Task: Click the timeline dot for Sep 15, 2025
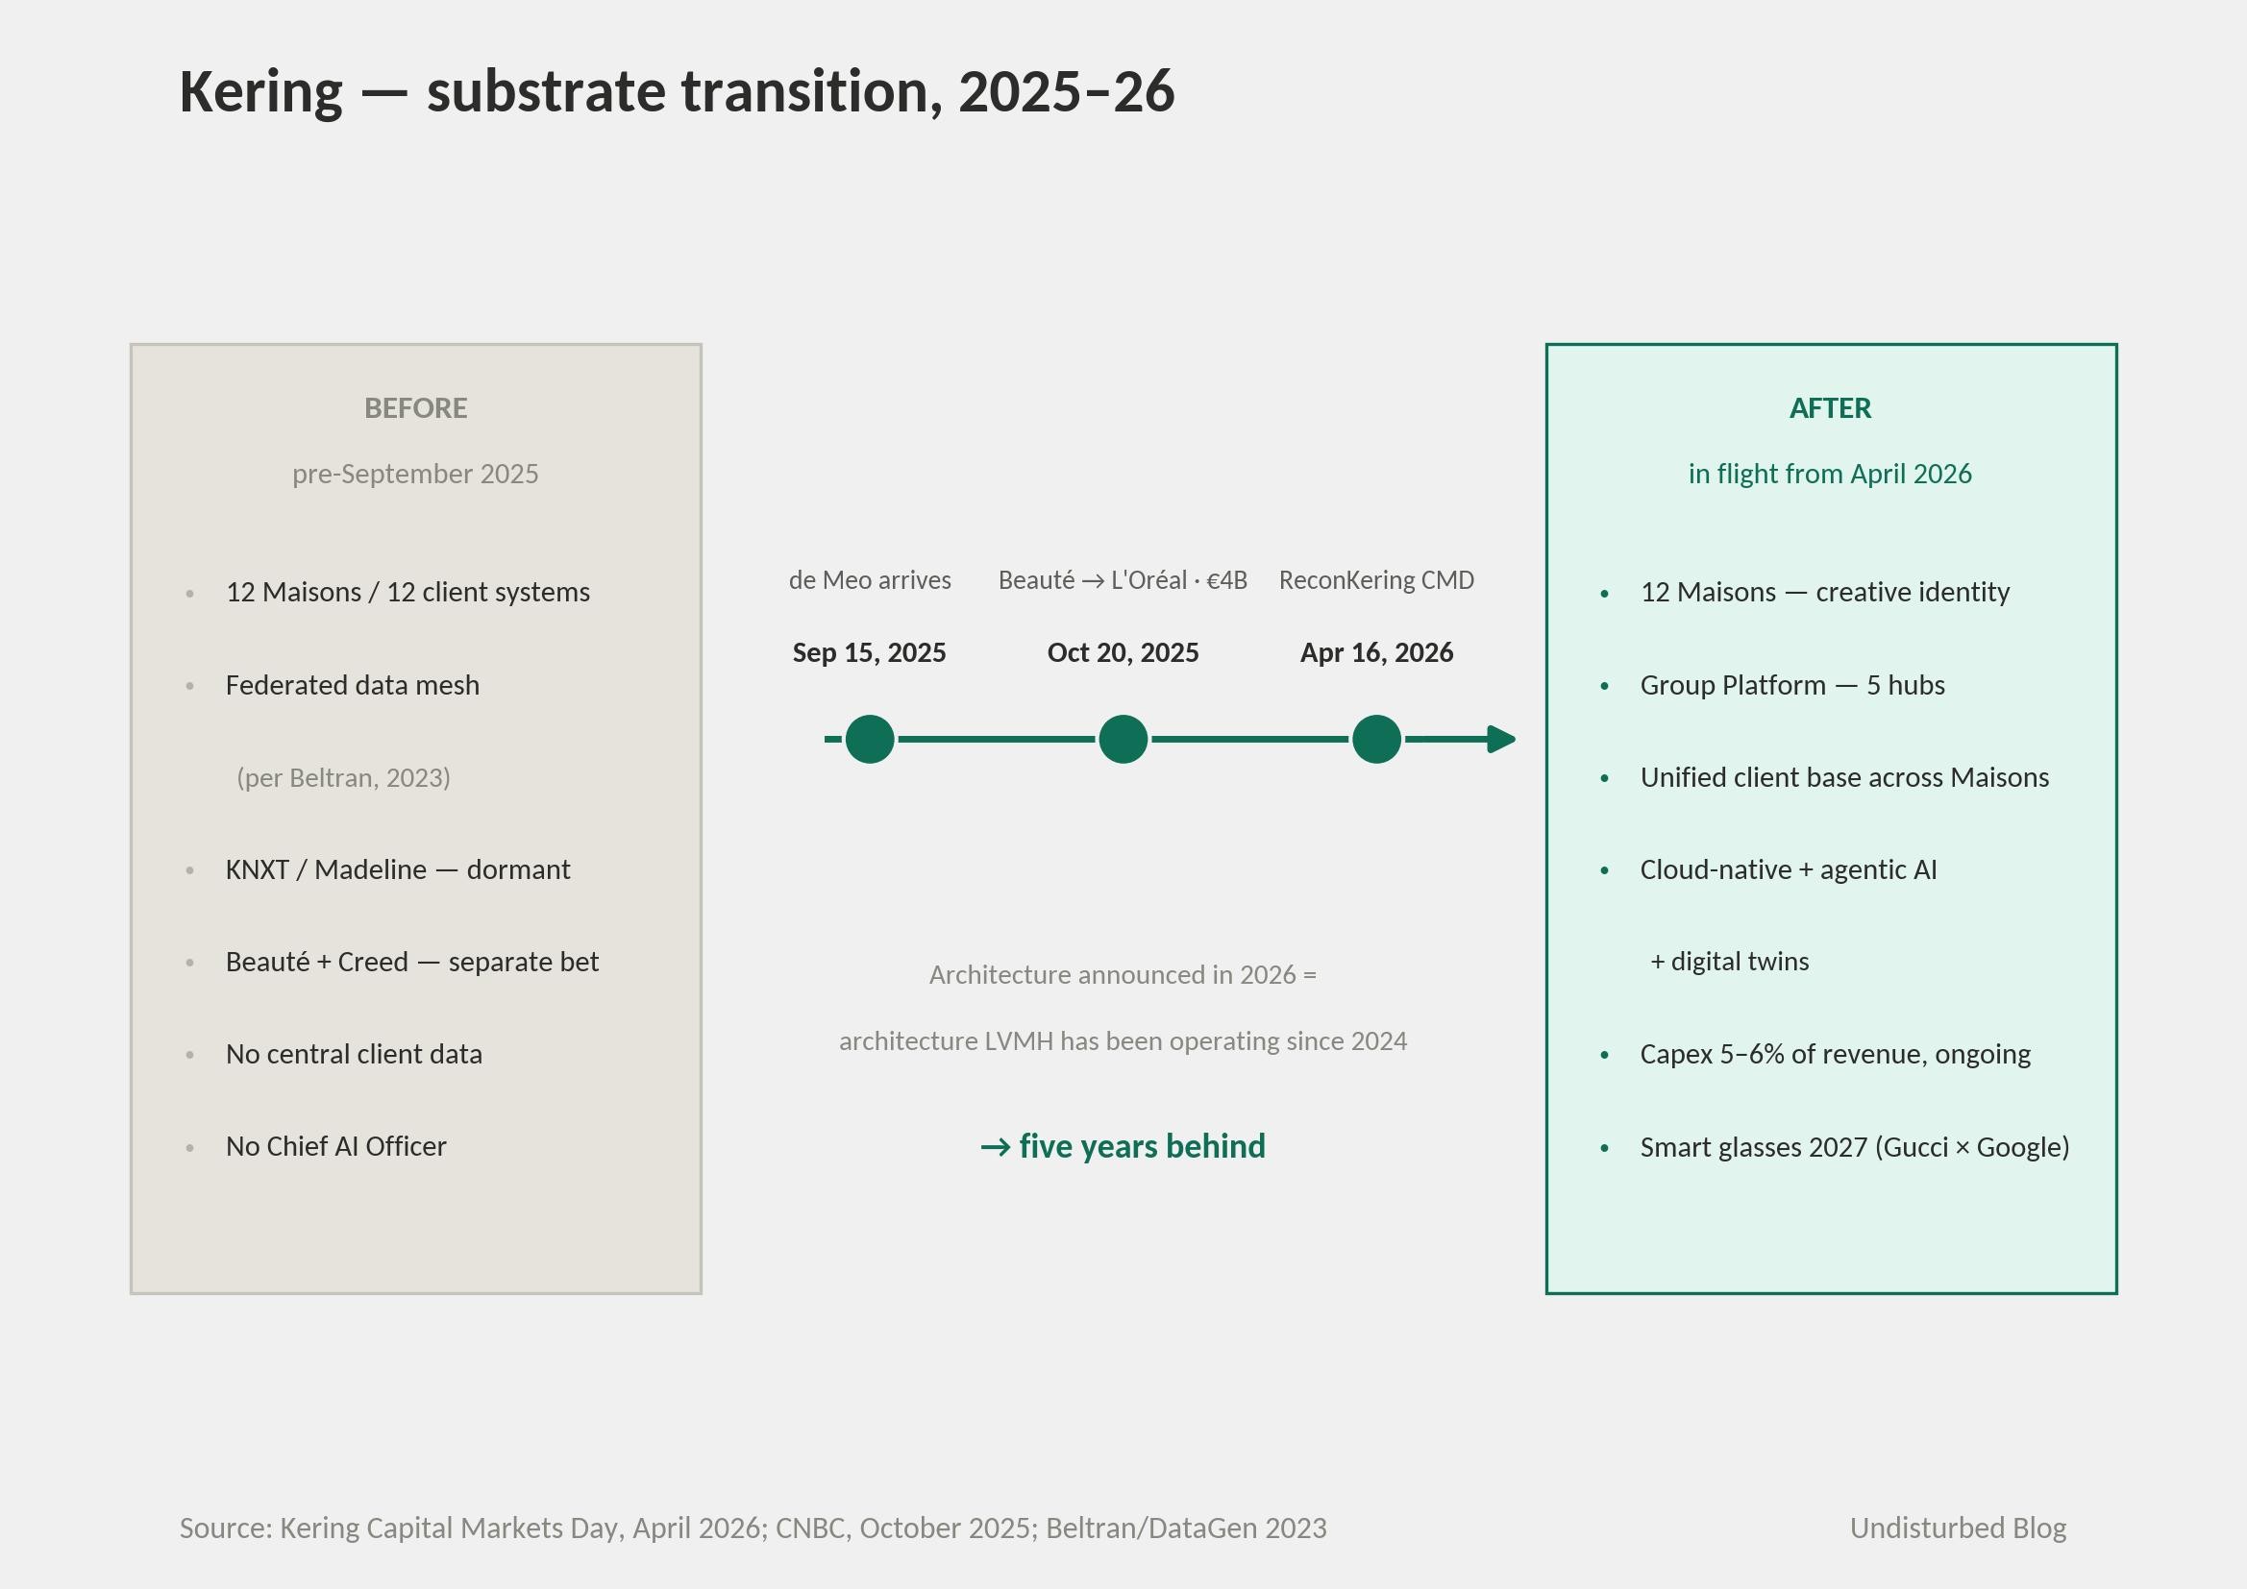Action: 869,739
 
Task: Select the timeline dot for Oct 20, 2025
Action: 1123,739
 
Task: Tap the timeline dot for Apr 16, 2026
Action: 1376,739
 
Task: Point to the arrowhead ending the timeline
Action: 1501,739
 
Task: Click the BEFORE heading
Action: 416,408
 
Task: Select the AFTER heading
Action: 1830,408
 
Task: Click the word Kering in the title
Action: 261,92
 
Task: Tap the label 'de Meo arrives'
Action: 870,580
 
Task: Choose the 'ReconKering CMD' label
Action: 1376,580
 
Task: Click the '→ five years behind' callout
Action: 1123,1146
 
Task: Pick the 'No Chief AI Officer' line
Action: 335,1146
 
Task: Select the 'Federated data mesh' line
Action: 353,685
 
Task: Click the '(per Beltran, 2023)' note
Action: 343,778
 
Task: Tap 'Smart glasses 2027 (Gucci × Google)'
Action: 1855,1147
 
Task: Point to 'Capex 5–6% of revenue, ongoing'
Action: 1835,1054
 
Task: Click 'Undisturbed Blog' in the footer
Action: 1958,1528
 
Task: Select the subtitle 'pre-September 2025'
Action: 415,474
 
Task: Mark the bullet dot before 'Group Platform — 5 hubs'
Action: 1604,686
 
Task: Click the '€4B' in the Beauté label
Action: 1227,580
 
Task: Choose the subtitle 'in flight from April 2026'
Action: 1830,474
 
